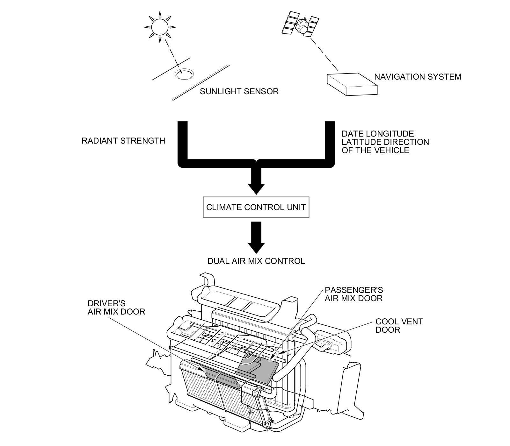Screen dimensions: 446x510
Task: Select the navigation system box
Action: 352,83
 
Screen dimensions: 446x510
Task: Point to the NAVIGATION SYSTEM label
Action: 417,77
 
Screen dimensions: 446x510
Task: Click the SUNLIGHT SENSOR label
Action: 239,92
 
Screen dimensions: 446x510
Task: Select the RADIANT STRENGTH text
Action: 123,141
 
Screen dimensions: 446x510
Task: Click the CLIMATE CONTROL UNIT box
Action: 256,207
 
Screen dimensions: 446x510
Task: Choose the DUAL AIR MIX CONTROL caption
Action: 256,261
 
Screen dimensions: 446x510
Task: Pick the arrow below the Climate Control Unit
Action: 256,237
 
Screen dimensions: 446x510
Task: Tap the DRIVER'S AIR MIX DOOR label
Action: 116,307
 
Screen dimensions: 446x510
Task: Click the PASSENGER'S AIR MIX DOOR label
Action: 353,294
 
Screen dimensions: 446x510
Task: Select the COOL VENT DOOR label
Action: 399,325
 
